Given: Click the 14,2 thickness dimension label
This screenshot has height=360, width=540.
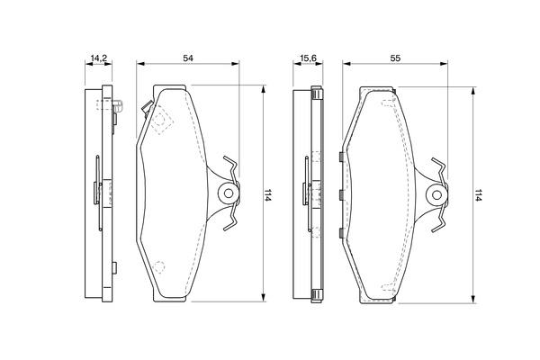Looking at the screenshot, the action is pos(98,58).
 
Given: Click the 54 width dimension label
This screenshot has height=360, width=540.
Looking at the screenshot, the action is pos(188,58).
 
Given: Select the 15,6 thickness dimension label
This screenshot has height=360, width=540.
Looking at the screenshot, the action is pos(308,58).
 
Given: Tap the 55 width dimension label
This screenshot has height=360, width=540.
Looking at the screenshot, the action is pos(395,58).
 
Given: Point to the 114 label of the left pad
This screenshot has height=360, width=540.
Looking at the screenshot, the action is pos(267,195).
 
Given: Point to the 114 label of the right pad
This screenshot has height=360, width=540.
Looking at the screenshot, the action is pos(477,195).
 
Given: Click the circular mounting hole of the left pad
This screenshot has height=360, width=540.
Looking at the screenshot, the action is pos(229,193).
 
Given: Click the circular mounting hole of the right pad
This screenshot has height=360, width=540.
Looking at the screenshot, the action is pos(436,195).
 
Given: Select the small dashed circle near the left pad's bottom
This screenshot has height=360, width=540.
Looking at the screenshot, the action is pos(158,267).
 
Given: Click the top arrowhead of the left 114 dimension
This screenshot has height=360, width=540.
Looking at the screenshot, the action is pos(264,89).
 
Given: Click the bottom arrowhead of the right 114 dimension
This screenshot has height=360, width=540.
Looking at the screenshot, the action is pos(473,299).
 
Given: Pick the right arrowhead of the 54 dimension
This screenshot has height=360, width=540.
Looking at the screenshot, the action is pos(235,63).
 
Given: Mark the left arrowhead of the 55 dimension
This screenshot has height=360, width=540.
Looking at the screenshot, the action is pos(346,63).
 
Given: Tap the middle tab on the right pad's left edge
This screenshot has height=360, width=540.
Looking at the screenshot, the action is pos(341,195).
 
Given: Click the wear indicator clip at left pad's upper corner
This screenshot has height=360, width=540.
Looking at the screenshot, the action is pos(148,108).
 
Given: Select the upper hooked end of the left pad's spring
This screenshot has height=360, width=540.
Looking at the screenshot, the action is pos(230,162).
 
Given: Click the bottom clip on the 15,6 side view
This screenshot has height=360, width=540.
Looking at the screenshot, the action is pos(317,295).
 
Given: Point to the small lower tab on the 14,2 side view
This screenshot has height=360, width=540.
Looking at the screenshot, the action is pos(114,267).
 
